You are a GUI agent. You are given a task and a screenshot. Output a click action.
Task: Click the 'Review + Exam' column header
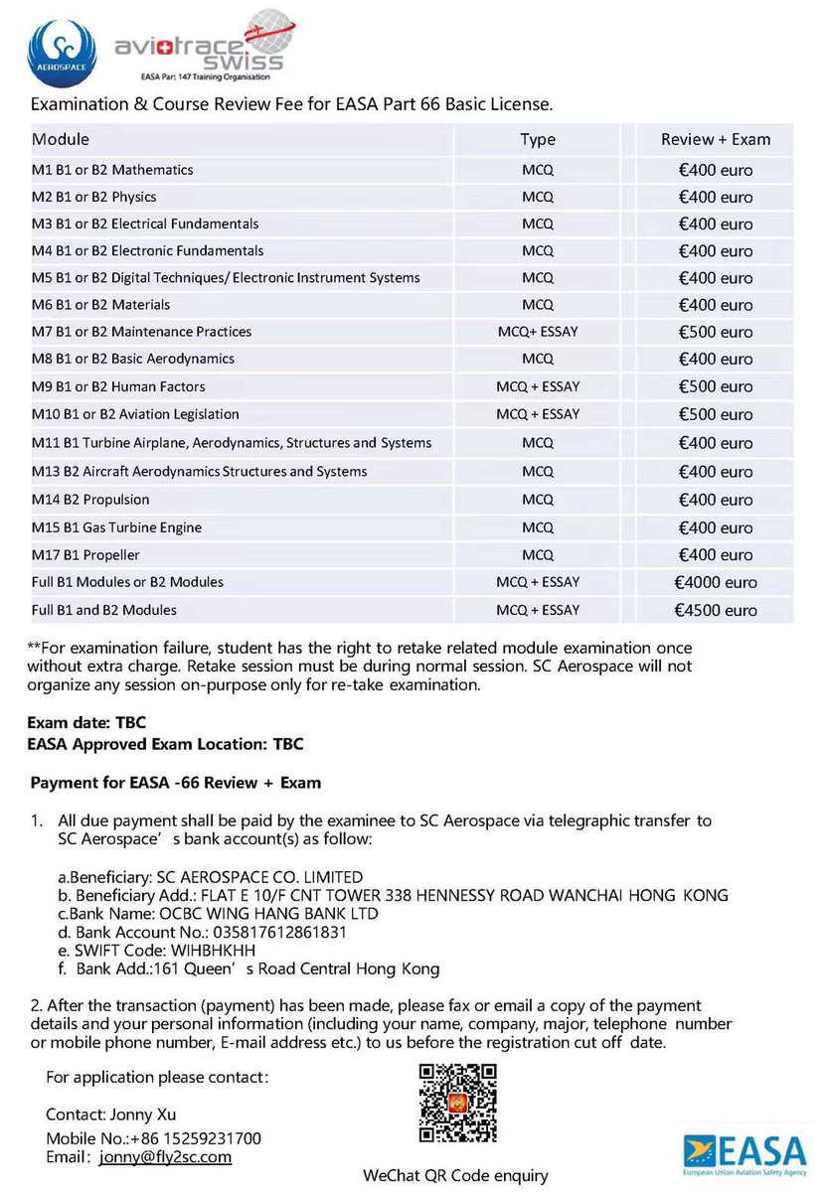click(x=715, y=139)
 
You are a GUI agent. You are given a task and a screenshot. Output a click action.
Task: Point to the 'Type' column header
click(x=538, y=139)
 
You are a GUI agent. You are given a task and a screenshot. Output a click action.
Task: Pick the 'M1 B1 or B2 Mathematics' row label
click(x=112, y=170)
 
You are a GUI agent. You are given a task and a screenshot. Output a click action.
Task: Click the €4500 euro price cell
click(x=715, y=610)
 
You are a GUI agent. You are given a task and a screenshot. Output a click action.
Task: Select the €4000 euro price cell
click(x=715, y=582)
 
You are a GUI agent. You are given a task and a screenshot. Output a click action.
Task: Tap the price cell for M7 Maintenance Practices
click(x=715, y=332)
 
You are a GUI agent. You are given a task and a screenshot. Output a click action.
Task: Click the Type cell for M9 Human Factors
click(x=538, y=386)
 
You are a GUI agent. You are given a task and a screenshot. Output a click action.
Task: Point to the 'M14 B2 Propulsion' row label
click(x=90, y=499)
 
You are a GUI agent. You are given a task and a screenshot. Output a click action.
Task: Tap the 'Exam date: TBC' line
click(x=87, y=723)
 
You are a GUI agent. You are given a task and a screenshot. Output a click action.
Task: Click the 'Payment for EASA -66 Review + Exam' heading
click(x=176, y=783)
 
